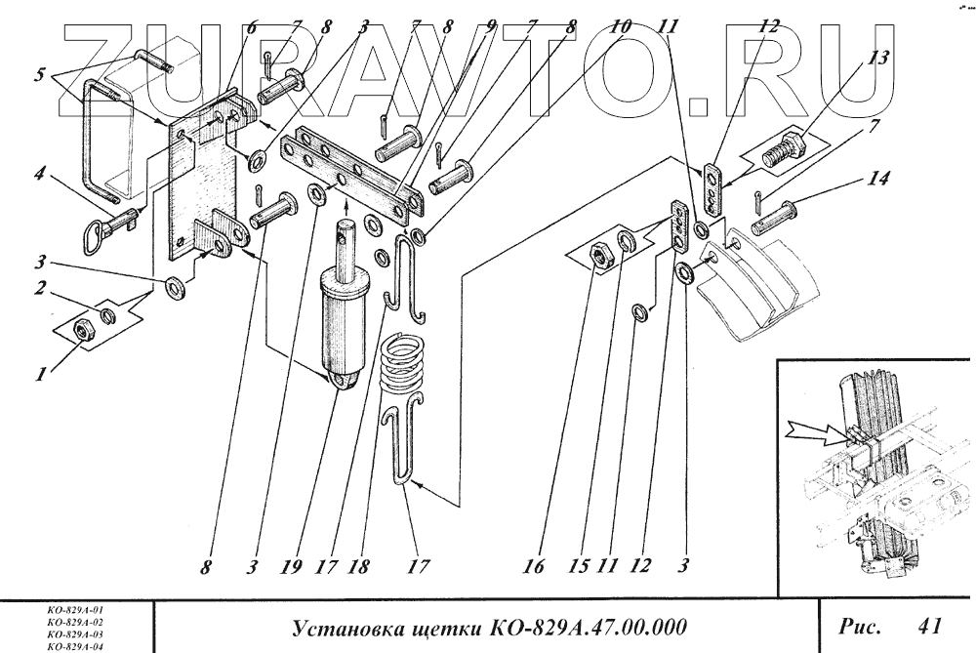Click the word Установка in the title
coord(342,626)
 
